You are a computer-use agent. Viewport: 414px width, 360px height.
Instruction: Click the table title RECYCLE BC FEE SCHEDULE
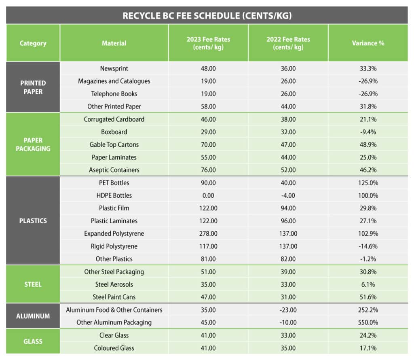point(207,16)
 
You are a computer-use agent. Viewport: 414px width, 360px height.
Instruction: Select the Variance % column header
point(368,43)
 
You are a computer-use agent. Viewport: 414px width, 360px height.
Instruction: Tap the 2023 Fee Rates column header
point(208,43)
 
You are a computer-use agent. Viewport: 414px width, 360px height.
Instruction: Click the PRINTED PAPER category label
point(33,87)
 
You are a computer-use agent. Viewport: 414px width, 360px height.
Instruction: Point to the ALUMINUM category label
point(33,316)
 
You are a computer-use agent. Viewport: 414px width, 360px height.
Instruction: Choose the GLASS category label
point(33,341)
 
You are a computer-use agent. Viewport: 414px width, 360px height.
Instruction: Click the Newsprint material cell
point(114,68)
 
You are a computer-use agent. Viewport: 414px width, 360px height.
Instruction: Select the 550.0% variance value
point(368,322)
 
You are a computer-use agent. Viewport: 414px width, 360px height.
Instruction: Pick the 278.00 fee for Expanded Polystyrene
point(208,233)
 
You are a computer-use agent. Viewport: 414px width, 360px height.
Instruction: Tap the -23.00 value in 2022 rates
point(288,310)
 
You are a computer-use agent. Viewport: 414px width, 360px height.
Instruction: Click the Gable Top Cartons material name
point(114,144)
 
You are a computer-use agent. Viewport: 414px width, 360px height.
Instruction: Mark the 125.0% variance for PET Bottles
point(368,183)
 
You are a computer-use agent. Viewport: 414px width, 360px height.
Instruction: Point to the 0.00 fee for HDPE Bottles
point(208,195)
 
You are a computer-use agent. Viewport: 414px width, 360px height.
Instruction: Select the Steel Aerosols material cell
point(114,284)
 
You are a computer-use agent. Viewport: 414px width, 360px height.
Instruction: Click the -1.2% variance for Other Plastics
point(368,259)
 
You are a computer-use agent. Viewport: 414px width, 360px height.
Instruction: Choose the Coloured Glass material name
point(114,348)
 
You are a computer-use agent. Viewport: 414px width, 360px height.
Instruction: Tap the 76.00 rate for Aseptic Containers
point(208,170)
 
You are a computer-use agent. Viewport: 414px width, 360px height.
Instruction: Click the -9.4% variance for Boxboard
point(368,132)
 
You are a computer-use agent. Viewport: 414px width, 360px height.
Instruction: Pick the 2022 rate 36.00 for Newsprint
point(288,68)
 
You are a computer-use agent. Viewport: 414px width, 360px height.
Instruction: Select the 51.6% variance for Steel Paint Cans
point(368,297)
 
